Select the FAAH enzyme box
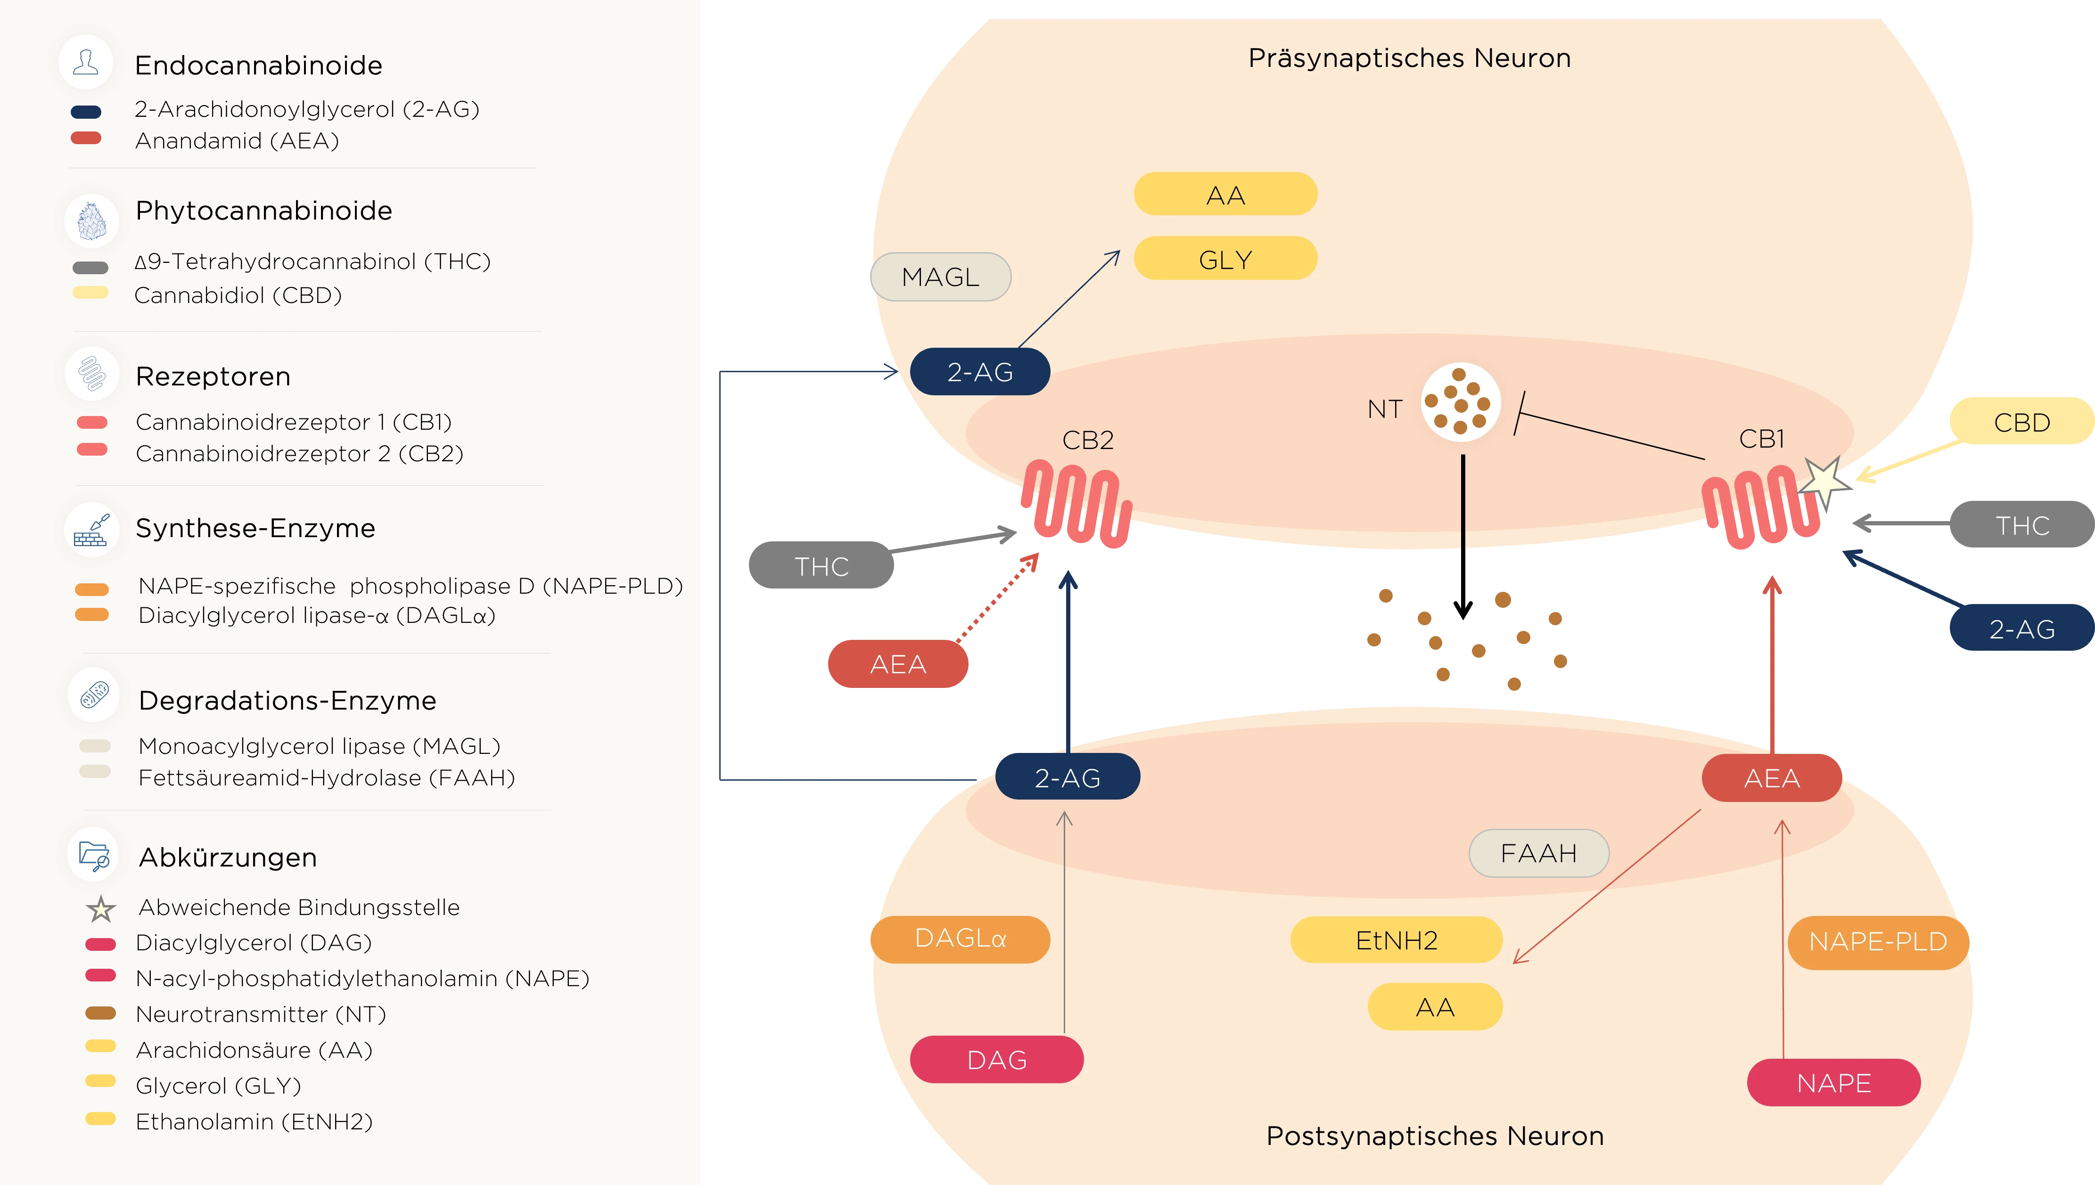1538,853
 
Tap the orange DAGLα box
961,939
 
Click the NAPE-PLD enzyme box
1878,942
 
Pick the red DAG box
996,1060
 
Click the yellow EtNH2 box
1396,940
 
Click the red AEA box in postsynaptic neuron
1771,778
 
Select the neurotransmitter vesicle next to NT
1460,402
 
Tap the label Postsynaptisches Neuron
1434,1136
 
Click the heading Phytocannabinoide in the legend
264,211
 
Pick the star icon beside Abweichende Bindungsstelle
101,908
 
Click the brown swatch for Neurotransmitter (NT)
101,1013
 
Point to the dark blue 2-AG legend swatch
86,112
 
